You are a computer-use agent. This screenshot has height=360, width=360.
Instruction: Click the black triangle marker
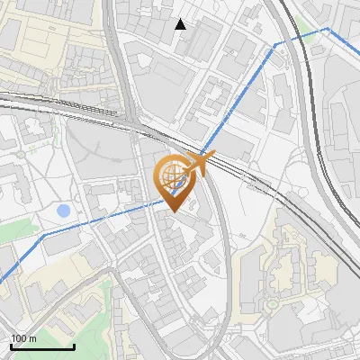181,24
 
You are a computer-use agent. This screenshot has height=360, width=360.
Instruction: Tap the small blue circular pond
63,211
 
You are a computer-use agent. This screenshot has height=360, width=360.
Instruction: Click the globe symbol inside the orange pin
172,177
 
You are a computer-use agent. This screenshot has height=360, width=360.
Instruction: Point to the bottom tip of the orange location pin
172,212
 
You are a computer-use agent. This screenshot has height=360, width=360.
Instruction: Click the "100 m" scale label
23,338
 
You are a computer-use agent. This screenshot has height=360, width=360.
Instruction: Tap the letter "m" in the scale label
33,338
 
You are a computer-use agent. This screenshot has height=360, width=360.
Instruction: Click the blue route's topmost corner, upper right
328,29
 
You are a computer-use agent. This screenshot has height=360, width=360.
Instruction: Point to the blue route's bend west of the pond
43,235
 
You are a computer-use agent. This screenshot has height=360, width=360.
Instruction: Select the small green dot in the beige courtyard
270,303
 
